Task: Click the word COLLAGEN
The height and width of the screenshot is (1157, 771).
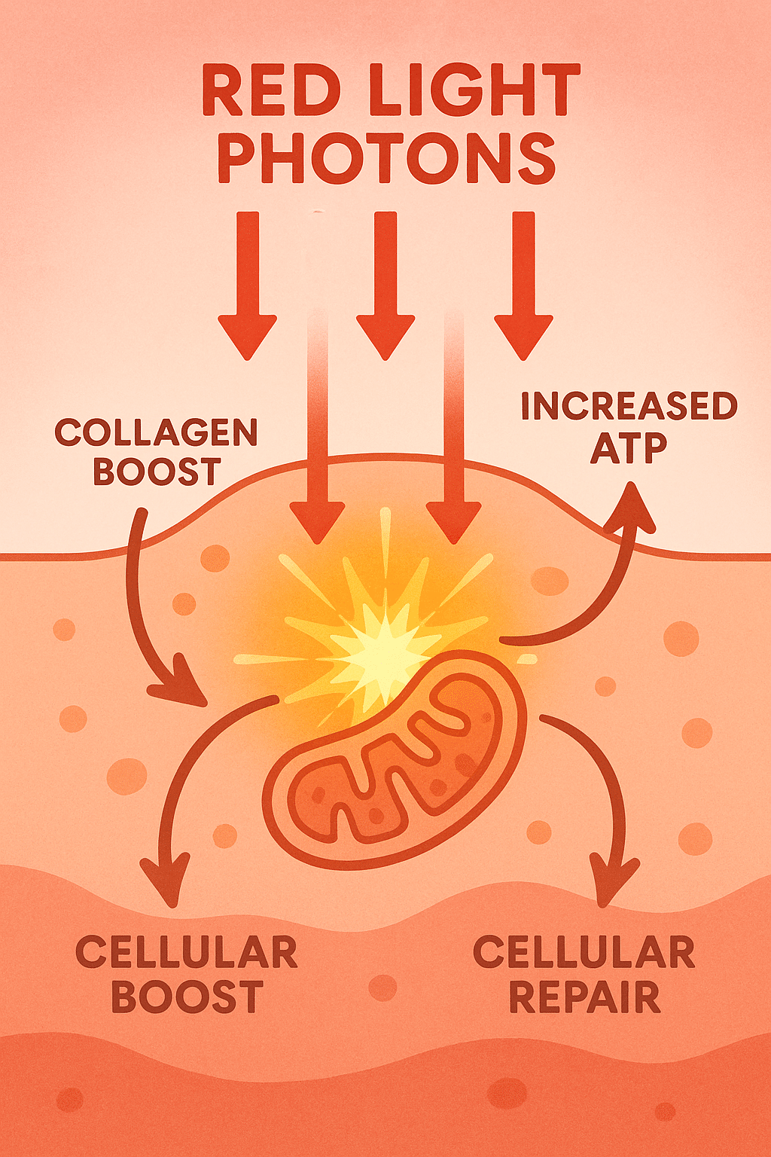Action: (x=157, y=433)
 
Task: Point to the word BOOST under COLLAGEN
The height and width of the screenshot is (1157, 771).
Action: (x=157, y=472)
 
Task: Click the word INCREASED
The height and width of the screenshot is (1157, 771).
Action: (x=629, y=407)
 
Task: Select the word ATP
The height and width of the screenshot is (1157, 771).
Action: (x=629, y=449)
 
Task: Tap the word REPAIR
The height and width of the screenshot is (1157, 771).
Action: (x=585, y=997)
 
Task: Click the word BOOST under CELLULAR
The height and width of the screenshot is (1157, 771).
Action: (x=187, y=997)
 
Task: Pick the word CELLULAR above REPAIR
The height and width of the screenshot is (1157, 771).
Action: (x=584, y=953)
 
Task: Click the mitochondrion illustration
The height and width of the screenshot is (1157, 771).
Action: (x=395, y=761)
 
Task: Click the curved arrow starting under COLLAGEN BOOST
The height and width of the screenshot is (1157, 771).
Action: (x=139, y=603)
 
